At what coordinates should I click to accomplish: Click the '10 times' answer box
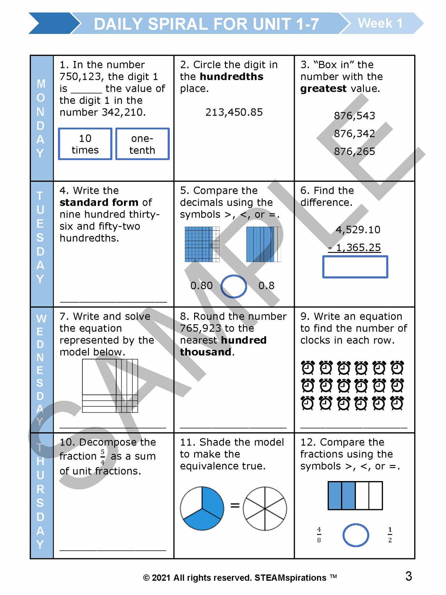coord(85,144)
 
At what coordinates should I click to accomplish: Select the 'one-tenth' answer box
coord(142,144)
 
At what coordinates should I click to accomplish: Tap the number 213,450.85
coord(234,112)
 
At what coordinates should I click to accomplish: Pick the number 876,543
coord(354,116)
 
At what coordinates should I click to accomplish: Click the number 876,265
coord(354,151)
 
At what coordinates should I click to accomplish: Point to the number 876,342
coord(354,133)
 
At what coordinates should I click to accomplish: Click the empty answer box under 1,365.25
coord(355,267)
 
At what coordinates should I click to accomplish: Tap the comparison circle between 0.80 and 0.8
coord(234,286)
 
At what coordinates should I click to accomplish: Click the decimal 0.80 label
coord(202,286)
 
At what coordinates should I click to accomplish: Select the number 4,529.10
coord(358,230)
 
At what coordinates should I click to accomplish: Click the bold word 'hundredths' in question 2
coord(231,77)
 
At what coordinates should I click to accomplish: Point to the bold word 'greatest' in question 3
coord(323,89)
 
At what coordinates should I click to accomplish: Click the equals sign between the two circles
coord(235,505)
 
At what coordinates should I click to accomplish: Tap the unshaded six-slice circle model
coord(265,508)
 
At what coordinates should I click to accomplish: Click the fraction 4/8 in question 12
coord(319,535)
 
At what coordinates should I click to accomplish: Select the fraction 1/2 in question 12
coord(390,535)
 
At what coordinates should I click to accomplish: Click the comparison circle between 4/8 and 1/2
coord(356,535)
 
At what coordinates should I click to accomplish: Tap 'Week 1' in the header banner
coord(380,23)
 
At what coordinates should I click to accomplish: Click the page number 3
coord(409,576)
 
